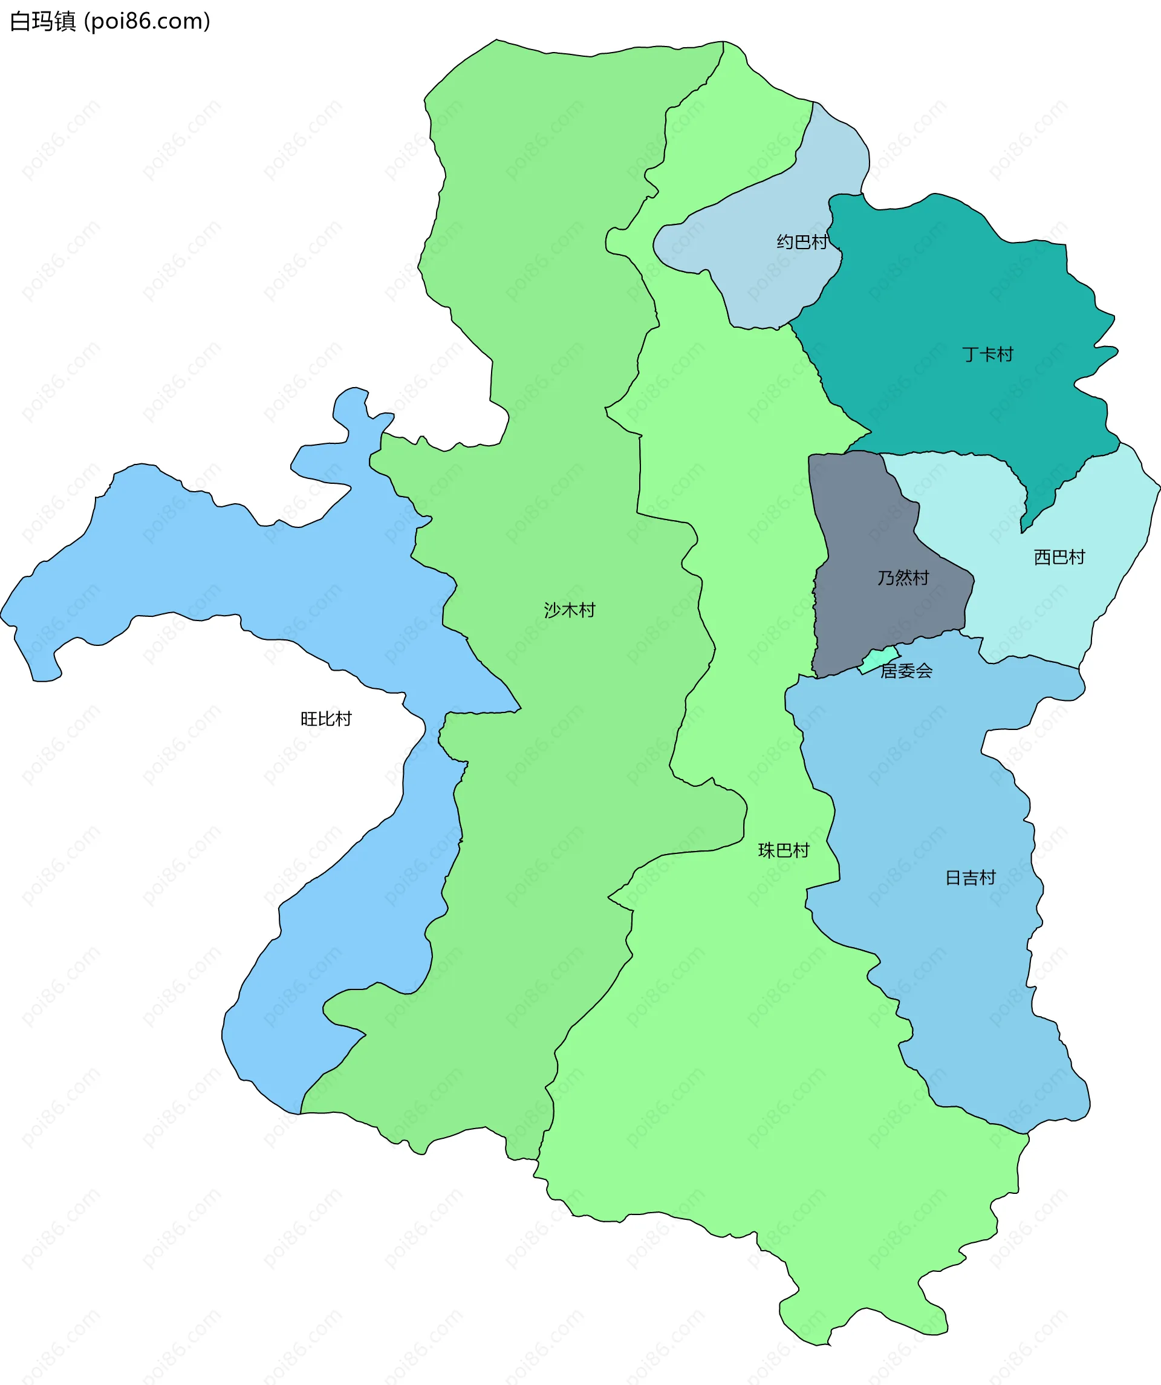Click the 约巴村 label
click(x=802, y=242)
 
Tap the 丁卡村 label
click(x=987, y=355)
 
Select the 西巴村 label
click(x=1059, y=557)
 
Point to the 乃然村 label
click(x=903, y=578)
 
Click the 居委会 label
click(x=906, y=671)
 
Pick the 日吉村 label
click(x=970, y=878)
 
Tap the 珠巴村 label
click(x=783, y=851)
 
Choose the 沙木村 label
click(x=569, y=610)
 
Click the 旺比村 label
click(x=326, y=719)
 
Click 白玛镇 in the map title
click(x=43, y=22)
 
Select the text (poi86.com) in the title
click(x=147, y=22)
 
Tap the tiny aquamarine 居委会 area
click(x=879, y=658)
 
